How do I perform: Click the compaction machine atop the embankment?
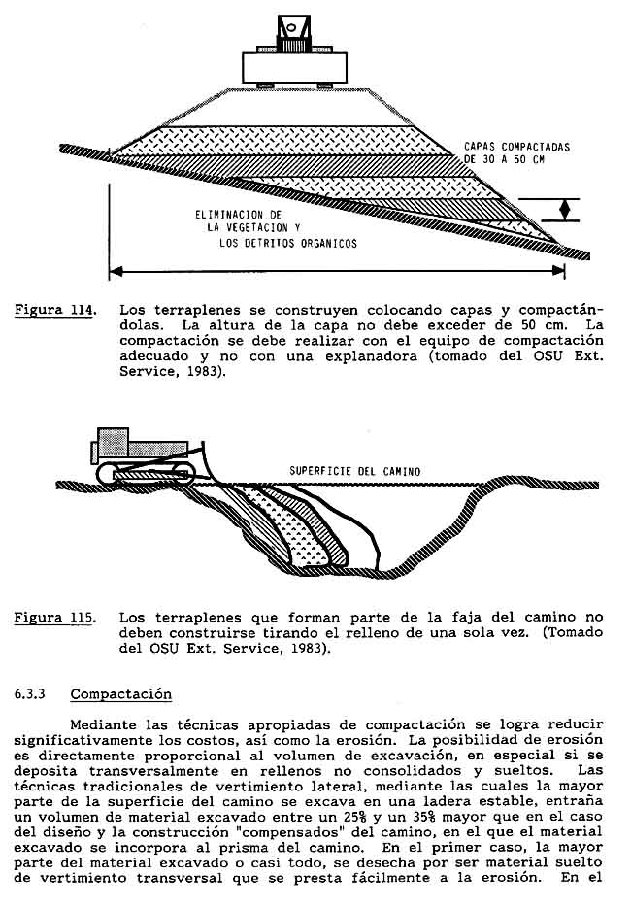[294, 63]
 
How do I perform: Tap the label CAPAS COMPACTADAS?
[516, 146]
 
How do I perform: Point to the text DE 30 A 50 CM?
[505, 159]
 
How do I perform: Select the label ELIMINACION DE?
[238, 214]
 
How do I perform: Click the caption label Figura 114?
[55, 311]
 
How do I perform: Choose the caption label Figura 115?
[55, 617]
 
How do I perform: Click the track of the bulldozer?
[146, 474]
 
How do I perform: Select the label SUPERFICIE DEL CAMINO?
[355, 472]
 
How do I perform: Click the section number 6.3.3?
[30, 694]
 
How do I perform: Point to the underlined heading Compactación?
[120, 694]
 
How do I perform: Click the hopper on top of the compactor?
[292, 29]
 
